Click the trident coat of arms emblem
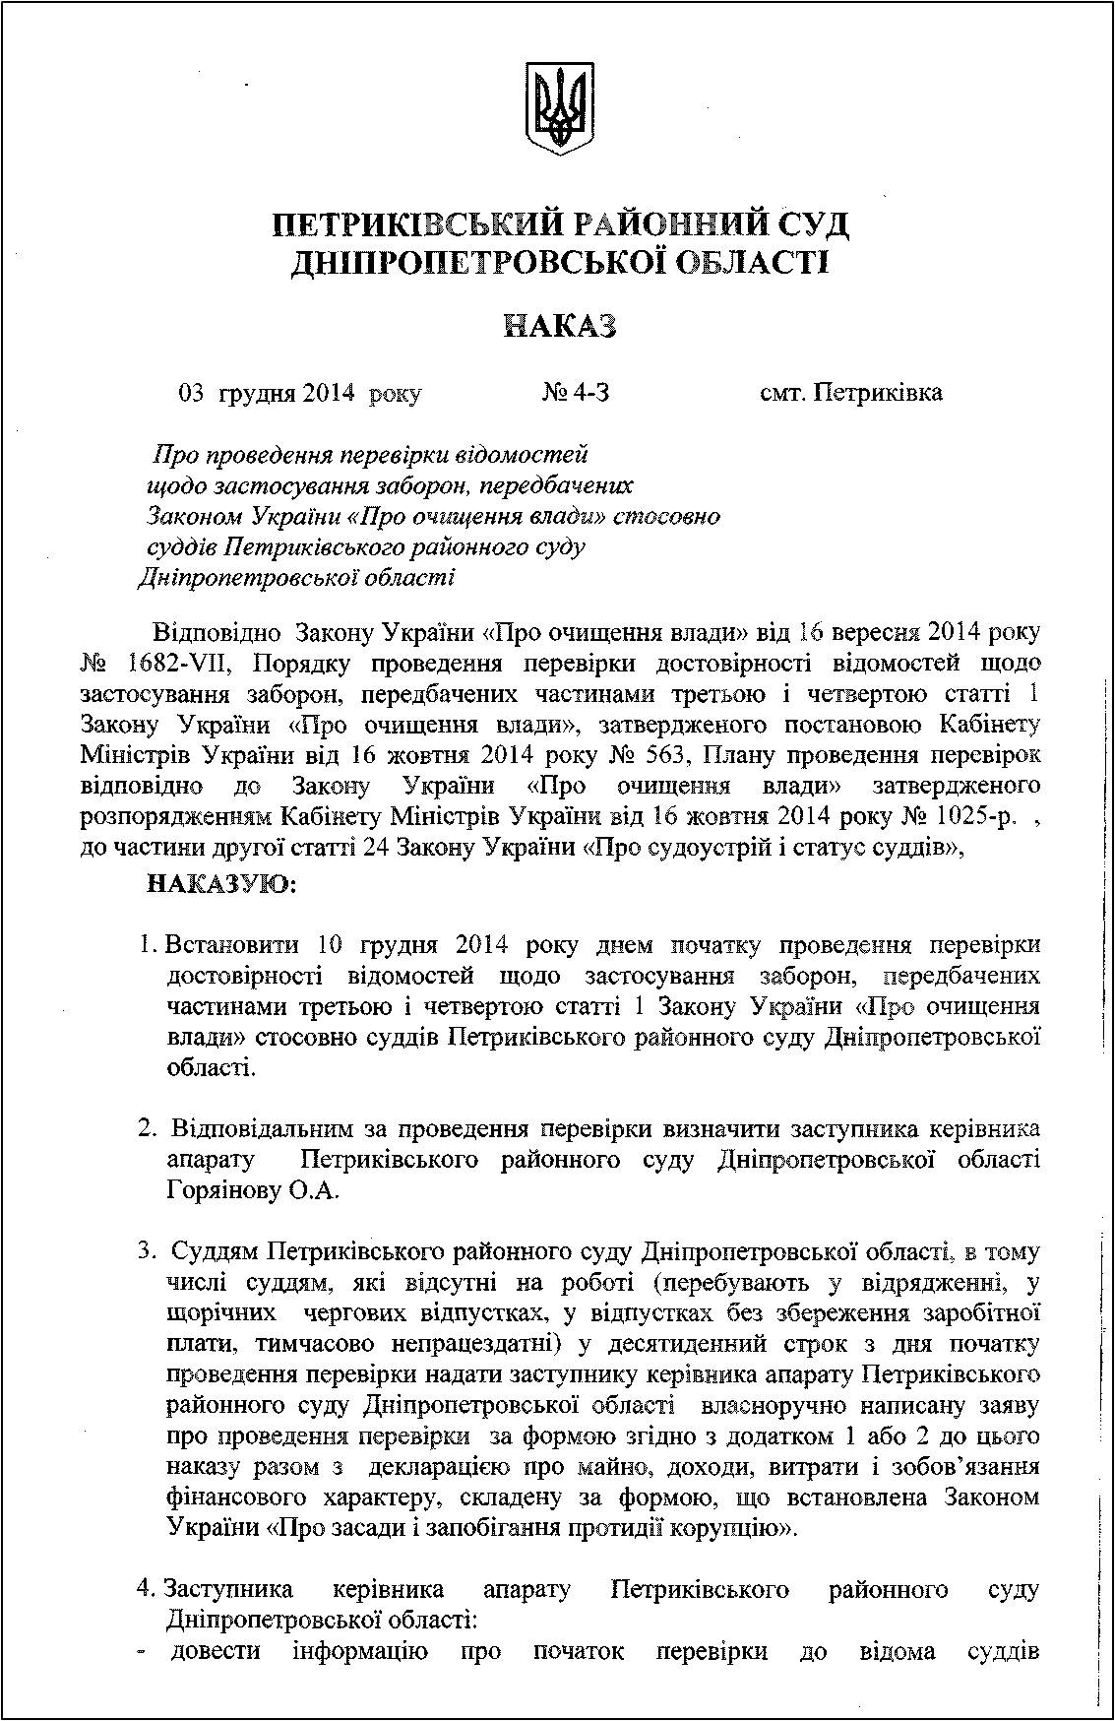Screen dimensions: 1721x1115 559,108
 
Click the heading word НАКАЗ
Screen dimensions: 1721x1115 560,325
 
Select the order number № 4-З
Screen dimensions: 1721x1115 576,393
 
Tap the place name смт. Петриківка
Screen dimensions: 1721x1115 851,393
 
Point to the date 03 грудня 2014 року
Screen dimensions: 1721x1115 299,394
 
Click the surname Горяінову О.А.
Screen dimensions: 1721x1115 253,1190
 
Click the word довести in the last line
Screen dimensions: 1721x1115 216,1650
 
